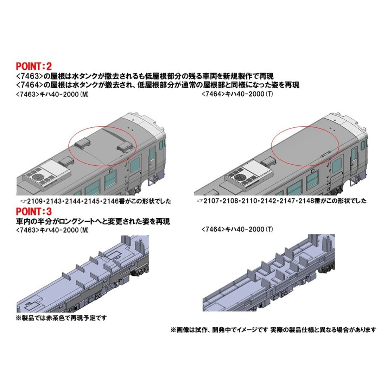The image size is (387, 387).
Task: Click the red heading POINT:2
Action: pyautogui.click(x=34, y=66)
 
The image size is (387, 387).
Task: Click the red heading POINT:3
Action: pyautogui.click(x=34, y=211)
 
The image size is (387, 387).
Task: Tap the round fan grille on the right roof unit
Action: pyautogui.click(x=240, y=176)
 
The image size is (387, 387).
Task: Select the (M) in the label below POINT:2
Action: pyautogui.click(x=84, y=94)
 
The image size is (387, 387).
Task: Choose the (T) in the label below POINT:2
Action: pyautogui.click(x=269, y=94)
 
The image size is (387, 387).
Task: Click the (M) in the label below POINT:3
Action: pyautogui.click(x=84, y=230)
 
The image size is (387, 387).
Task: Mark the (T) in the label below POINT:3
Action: pyautogui.click(x=269, y=229)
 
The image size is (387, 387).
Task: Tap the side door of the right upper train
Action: pyautogui.click(x=354, y=160)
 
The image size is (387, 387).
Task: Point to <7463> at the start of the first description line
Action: pyautogui.click(x=27, y=76)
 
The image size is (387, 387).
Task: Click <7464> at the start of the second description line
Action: pyautogui.click(x=27, y=85)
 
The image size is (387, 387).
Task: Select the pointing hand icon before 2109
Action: pyautogui.click(x=24, y=201)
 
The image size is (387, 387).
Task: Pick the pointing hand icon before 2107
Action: pyautogui.click(x=200, y=201)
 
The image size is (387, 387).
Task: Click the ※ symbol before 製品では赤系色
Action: pyautogui.click(x=19, y=318)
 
